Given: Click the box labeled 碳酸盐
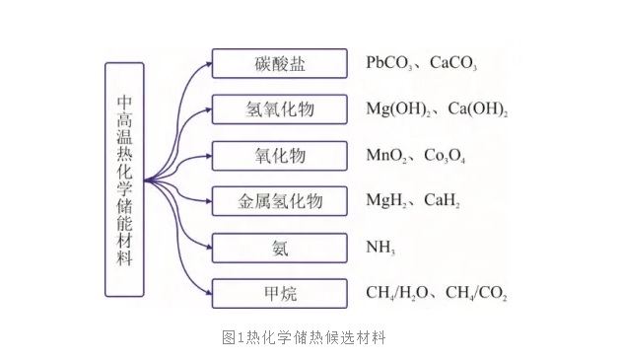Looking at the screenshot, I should (279, 64).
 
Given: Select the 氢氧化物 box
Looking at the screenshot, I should (279, 109).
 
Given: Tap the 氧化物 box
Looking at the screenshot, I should (279, 156).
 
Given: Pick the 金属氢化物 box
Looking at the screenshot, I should (279, 201).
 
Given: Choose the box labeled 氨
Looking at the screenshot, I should (279, 248).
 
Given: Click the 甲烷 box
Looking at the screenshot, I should (279, 293).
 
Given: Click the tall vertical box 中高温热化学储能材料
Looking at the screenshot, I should (124, 180).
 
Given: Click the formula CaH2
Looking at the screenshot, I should (442, 202).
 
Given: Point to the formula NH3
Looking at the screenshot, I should (379, 249).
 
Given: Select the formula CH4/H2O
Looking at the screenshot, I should (399, 294).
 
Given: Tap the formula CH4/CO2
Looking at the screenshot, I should (477, 294).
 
